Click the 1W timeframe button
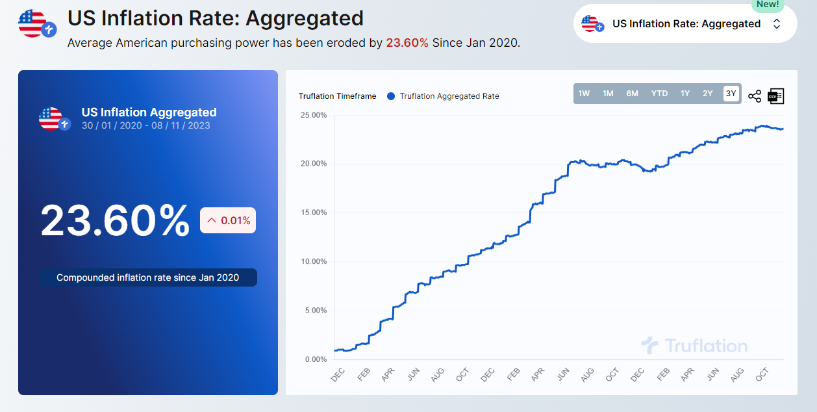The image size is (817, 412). pos(584,94)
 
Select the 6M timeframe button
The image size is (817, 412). pos(632,94)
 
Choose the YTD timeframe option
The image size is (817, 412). pos(659,94)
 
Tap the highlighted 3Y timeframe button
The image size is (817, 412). pos(731,94)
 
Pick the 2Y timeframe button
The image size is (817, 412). pos(707,94)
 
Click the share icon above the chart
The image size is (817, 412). pos(755,96)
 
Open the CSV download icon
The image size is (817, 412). pos(776,96)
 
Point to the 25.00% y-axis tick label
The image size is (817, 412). pos(314,115)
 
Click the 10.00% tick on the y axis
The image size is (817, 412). pos(314,262)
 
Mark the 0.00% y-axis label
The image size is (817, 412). pos(316,359)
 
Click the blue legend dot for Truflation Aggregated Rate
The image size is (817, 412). pos(391,96)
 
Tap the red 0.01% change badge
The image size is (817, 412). pos(228,220)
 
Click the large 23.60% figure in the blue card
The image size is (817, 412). pos(115,221)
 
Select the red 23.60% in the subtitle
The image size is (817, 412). pos(407,43)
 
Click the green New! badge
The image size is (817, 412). pos(767,5)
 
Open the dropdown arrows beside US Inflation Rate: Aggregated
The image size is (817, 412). pos(777,24)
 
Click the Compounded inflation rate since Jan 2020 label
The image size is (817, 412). pos(147,277)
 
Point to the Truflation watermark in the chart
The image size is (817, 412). pos(694,346)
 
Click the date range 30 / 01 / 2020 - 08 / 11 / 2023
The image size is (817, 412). pos(145,125)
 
